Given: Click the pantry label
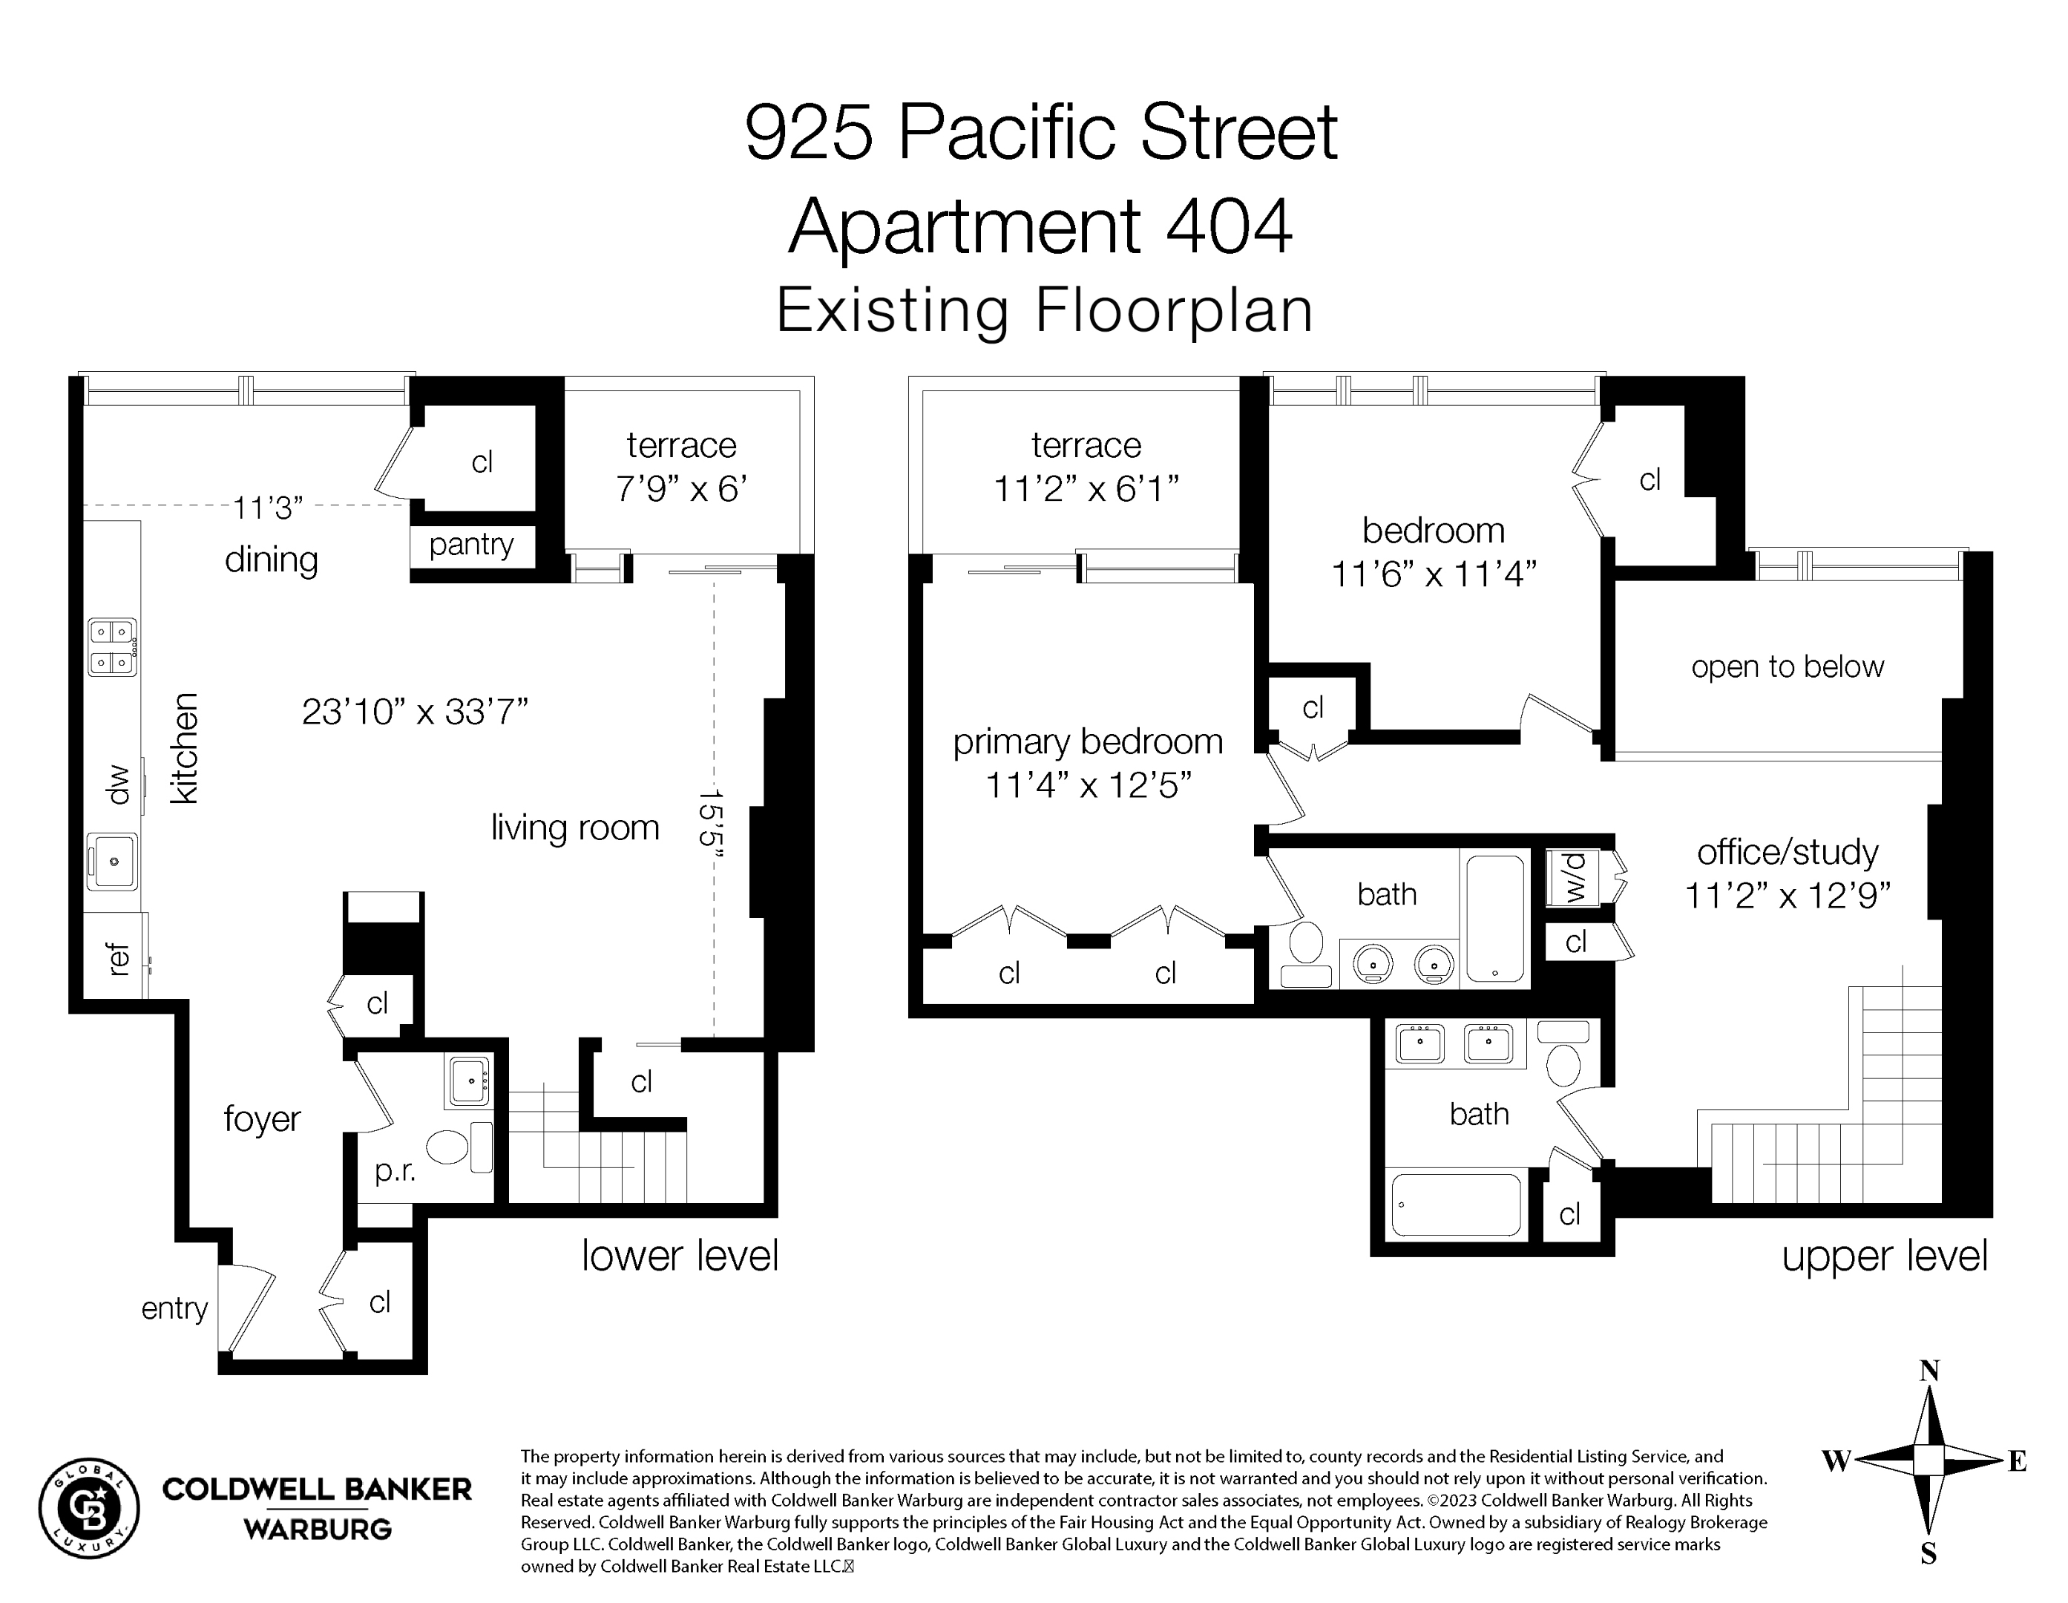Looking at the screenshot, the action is pyautogui.click(x=470, y=545).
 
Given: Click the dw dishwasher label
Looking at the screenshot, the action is pyautogui.click(x=117, y=785).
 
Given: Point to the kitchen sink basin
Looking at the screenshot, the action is pyautogui.click(x=113, y=862).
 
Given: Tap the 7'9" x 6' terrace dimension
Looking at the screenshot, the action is pyautogui.click(x=682, y=488).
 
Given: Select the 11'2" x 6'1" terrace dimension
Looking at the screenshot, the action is pyautogui.click(x=1086, y=488).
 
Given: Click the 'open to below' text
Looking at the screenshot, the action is pyautogui.click(x=1788, y=666).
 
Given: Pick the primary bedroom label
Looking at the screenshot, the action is pyautogui.click(x=1088, y=742).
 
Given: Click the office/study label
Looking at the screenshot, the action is pyautogui.click(x=1788, y=852).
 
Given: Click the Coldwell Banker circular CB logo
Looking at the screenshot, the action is pyautogui.click(x=89, y=1508).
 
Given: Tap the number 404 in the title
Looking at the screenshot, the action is pyautogui.click(x=1229, y=226).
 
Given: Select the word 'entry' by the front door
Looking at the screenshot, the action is pyautogui.click(x=174, y=1308).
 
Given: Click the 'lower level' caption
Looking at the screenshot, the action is pyautogui.click(x=680, y=1256).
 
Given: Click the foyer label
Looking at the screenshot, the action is pyautogui.click(x=262, y=1119).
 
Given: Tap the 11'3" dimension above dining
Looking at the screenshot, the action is pyautogui.click(x=268, y=508).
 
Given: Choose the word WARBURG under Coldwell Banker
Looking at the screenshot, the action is pyautogui.click(x=317, y=1529).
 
